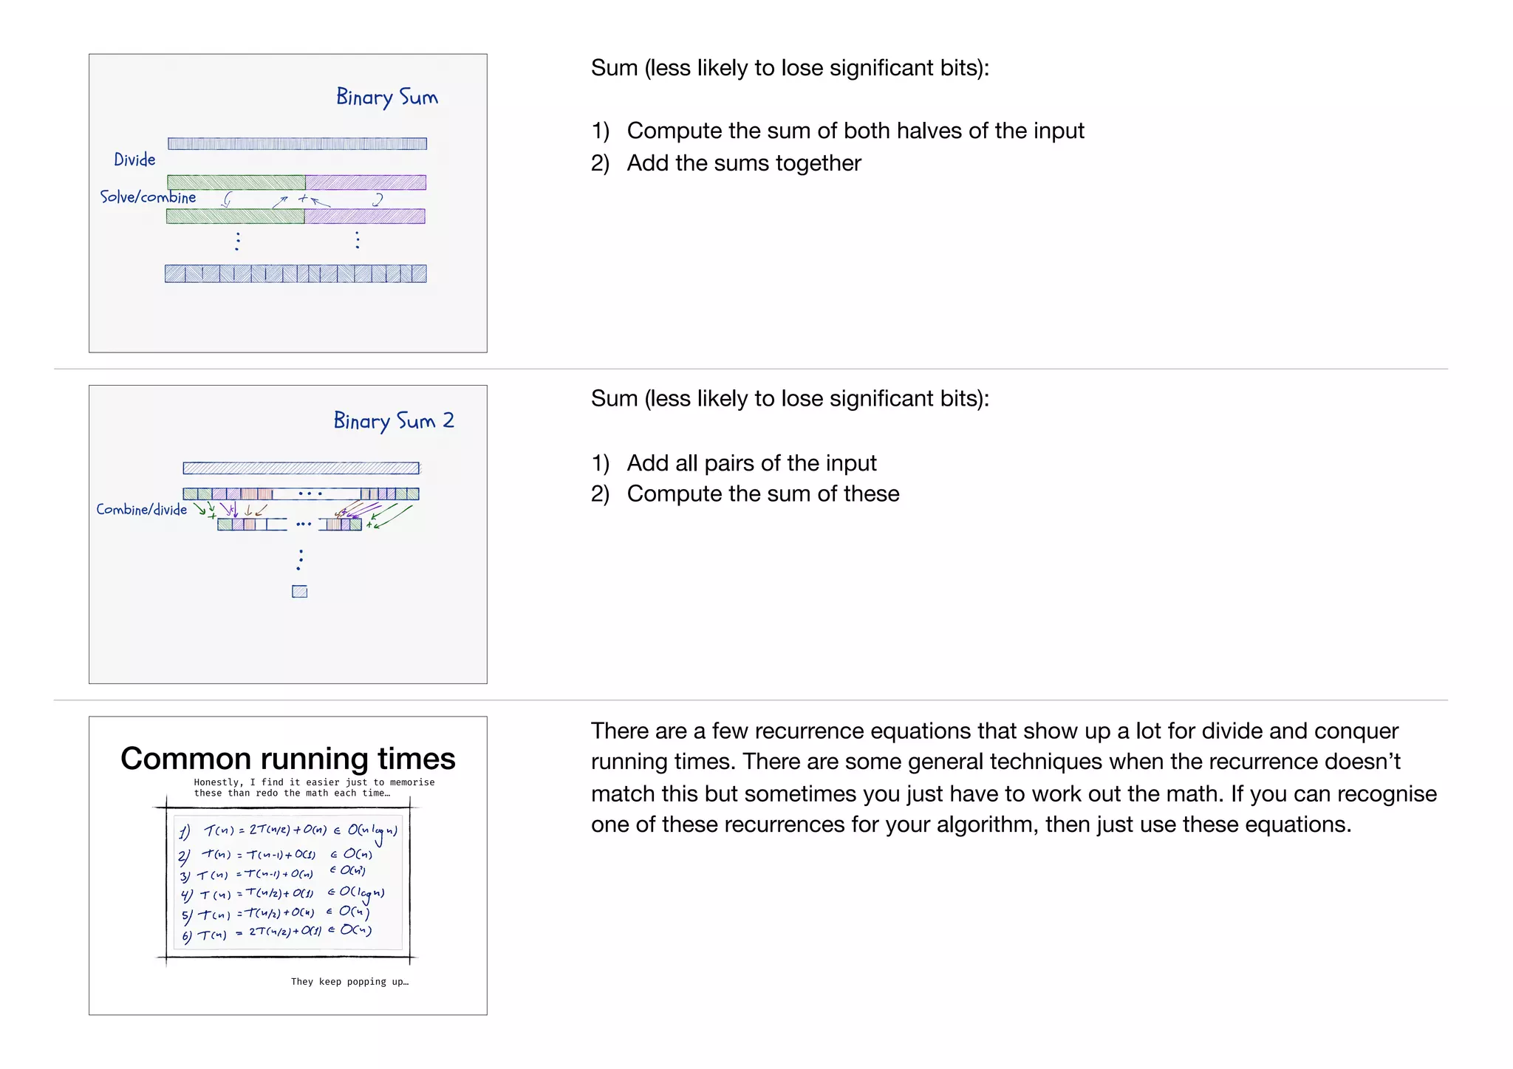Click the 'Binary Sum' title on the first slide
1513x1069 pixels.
(x=386, y=98)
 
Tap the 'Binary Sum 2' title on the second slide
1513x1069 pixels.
(x=393, y=421)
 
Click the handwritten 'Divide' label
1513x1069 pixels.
(x=134, y=160)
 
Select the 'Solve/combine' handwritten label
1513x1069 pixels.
(x=148, y=197)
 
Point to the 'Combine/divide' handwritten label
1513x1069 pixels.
(x=141, y=510)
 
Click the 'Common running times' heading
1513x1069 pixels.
(x=287, y=759)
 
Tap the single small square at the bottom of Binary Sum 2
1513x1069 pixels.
(x=299, y=592)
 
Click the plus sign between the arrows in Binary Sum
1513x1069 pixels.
(x=303, y=198)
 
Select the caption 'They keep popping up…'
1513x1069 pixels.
(x=349, y=982)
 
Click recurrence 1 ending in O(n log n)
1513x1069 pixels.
(x=288, y=831)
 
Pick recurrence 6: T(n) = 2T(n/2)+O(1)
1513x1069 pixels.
(x=277, y=933)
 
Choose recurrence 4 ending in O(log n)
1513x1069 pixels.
(x=282, y=893)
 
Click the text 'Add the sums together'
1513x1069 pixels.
(x=744, y=163)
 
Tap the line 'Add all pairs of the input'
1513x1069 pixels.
(x=751, y=463)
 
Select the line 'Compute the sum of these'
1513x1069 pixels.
(x=763, y=494)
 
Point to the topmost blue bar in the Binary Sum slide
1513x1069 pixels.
(x=297, y=144)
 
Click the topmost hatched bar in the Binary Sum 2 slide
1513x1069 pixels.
(x=301, y=468)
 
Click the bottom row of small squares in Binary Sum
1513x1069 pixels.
(x=296, y=274)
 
